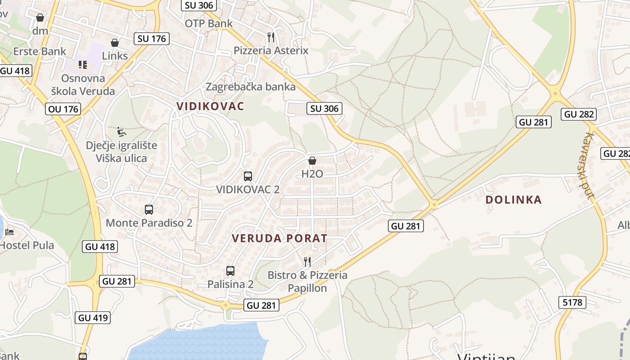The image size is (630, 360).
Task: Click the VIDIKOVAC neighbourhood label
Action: point(210,106)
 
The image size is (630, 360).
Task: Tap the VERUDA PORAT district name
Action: point(279,238)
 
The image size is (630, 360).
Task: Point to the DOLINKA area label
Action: point(513,200)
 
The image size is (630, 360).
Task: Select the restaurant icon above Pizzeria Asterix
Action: point(270,37)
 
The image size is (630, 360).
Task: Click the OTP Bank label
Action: point(209,23)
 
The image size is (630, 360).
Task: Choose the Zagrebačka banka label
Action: point(251,86)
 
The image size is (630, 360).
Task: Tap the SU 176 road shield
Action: point(152,39)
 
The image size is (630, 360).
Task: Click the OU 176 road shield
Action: point(63,109)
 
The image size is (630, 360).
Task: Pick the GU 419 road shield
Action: point(93,318)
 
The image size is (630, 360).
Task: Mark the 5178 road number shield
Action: point(572,302)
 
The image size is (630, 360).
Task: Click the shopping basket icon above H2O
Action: point(312,161)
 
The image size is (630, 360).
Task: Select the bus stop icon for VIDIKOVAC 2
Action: point(247,176)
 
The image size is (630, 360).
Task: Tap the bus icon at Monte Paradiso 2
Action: point(149,209)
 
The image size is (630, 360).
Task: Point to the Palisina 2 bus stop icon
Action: point(230,270)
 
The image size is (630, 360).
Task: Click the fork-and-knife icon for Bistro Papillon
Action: point(307,261)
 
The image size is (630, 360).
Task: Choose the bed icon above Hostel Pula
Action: point(9,232)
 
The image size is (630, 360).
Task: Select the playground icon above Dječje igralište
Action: point(121,131)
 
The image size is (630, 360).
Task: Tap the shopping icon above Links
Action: point(115,43)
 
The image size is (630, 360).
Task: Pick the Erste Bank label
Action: point(40,51)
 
